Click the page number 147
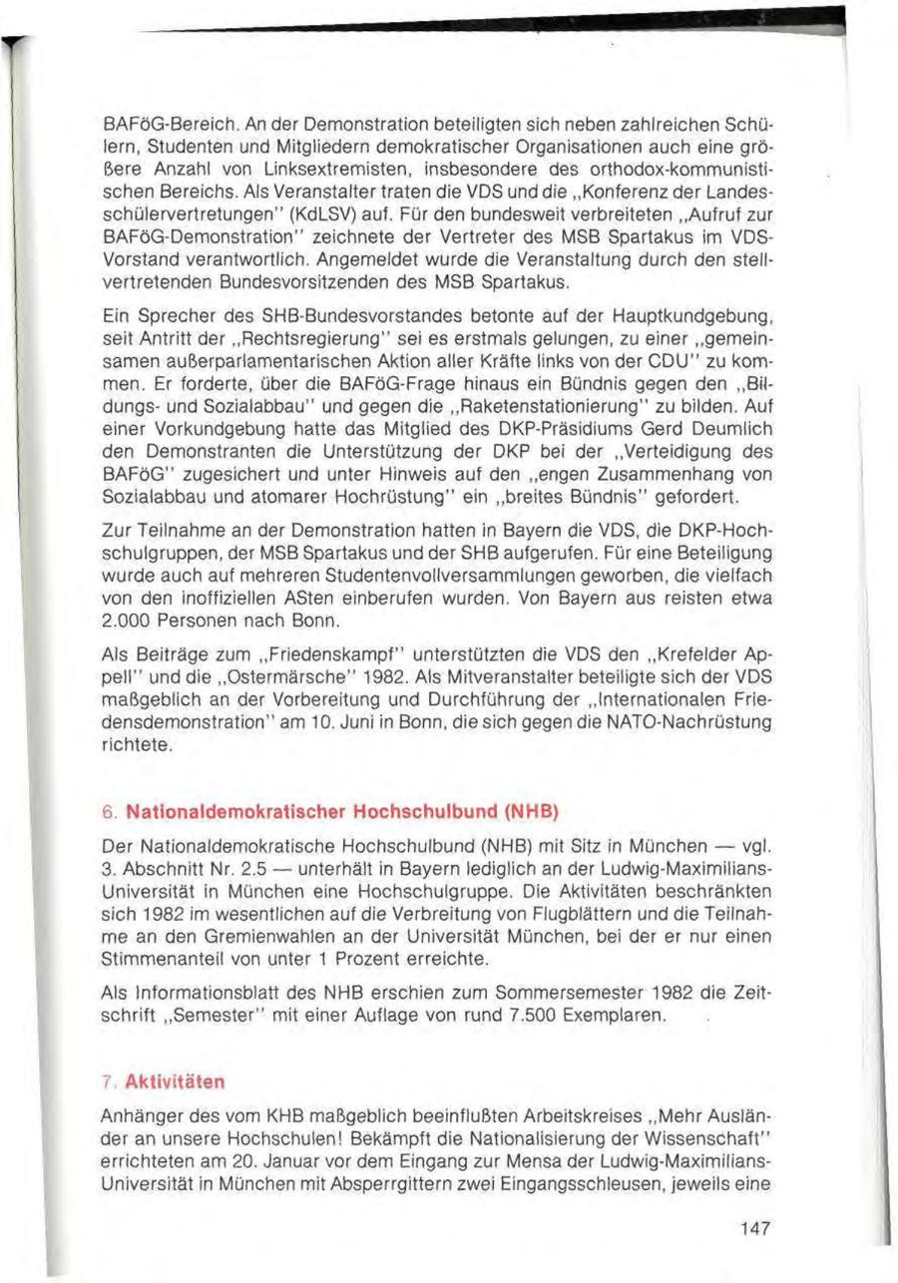[x=755, y=1229]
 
